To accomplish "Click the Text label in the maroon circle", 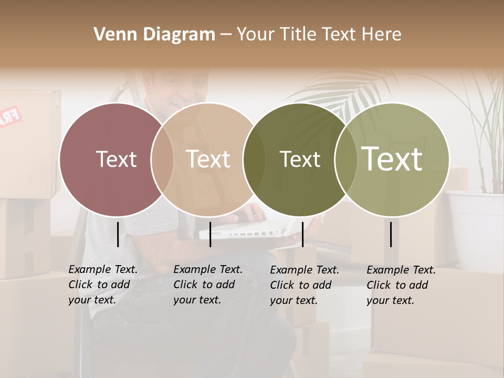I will tap(116, 159).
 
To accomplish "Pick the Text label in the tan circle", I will tap(208, 159).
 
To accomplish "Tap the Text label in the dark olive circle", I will tap(300, 159).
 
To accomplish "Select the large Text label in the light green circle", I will tap(392, 159).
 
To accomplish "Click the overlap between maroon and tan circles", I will tap(162, 160).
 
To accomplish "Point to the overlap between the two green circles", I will tap(346, 160).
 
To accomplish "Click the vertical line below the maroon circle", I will tap(118, 234).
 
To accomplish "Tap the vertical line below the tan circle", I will tap(210, 234).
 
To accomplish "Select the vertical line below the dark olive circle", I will tap(302, 234).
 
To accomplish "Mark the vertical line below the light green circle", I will tap(391, 234).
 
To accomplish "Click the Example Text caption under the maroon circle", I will tap(102, 285).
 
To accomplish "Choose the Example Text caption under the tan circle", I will tap(207, 285).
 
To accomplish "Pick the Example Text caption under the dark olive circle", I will tap(304, 285).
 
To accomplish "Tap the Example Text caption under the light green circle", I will tap(401, 285).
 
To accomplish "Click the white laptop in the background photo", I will tap(247, 229).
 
